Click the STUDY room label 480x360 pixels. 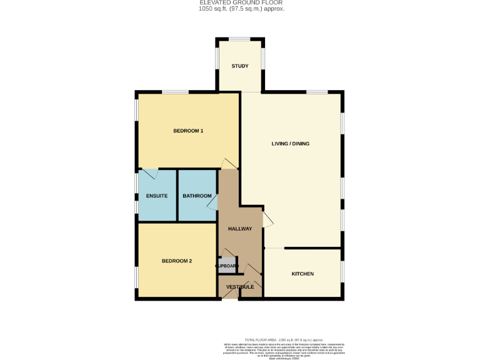click(x=240, y=66)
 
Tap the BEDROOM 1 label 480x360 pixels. click(x=188, y=131)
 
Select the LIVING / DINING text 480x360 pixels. click(x=290, y=144)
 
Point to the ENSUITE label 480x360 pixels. click(x=156, y=196)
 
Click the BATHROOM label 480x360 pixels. click(x=197, y=196)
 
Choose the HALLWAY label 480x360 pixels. click(x=240, y=229)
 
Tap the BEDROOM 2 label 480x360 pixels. click(x=177, y=261)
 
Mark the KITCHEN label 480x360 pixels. click(x=302, y=274)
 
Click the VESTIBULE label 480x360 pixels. click(x=240, y=287)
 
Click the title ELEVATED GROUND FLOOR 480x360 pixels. click(x=240, y=2)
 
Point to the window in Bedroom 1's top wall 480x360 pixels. click(x=176, y=92)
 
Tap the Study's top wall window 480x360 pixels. click(x=240, y=39)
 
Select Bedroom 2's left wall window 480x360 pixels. click(x=137, y=276)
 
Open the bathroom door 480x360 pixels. click(x=213, y=201)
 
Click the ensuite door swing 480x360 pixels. click(x=149, y=173)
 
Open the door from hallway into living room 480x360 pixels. click(x=267, y=219)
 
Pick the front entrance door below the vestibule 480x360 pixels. click(x=229, y=297)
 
